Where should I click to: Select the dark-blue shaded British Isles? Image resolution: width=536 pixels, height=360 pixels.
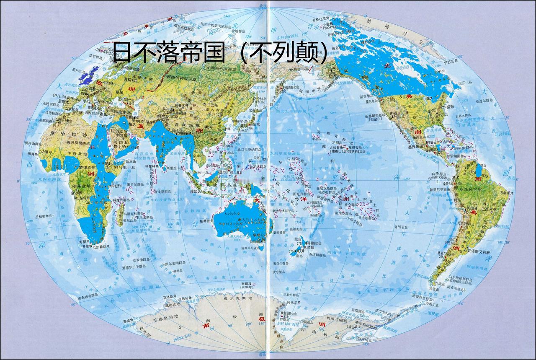click(89, 74)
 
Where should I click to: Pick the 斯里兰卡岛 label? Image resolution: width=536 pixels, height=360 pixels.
click(174, 168)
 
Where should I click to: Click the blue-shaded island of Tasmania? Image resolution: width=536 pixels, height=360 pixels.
click(261, 248)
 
